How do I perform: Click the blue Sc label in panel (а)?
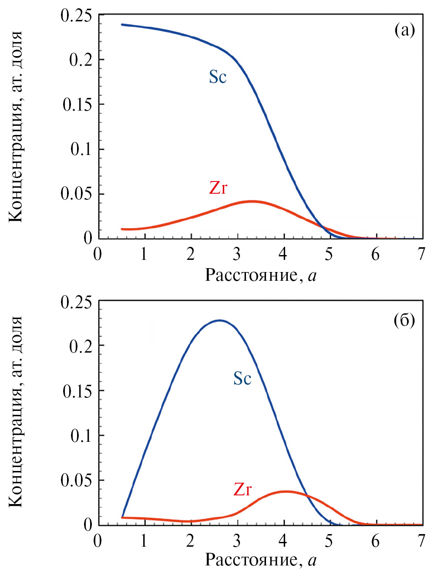218,77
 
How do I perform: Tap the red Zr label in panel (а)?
218,188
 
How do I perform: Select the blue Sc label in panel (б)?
242,378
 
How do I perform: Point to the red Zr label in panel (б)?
242,489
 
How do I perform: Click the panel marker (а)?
404,30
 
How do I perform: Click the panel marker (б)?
404,321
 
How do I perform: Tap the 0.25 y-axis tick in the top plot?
76,16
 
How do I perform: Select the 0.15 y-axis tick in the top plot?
77,104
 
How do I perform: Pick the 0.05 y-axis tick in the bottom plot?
76,480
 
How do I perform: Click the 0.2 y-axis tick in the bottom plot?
81,346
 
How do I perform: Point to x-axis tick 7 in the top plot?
421,254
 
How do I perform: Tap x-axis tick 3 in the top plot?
236,254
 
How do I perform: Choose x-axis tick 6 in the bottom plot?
375,541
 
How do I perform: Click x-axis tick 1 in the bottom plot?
144,541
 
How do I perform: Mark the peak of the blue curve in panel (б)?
220,320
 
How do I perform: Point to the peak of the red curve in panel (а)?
252,201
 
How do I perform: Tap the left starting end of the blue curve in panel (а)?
122,24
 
